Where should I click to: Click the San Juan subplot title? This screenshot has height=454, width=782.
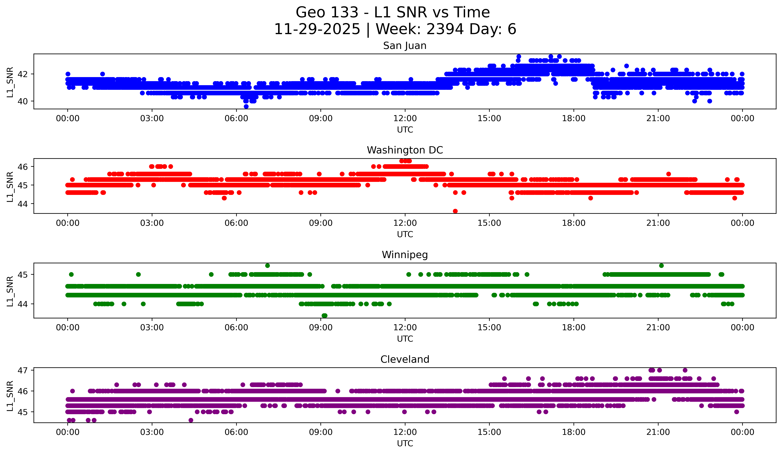point(405,46)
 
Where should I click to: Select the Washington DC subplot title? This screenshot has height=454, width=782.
point(405,150)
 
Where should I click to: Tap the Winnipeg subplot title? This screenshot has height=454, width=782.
point(405,255)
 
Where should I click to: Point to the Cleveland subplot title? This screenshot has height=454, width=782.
point(405,359)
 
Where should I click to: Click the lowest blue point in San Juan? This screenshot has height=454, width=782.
point(246,106)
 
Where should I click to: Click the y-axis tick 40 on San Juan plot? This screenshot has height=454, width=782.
point(22,101)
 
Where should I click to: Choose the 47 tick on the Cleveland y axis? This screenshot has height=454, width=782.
point(22,370)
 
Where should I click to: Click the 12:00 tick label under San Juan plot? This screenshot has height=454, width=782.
point(405,119)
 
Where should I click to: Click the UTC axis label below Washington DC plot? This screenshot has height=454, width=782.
point(405,234)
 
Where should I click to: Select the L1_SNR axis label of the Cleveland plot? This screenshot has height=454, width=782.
point(10,396)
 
